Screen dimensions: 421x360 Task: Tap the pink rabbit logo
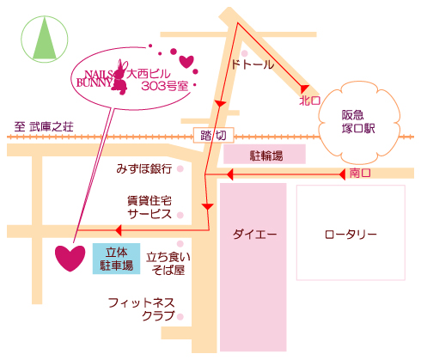tap(120, 77)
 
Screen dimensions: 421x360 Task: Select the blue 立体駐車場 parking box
tap(116, 259)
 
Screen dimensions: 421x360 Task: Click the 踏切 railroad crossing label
tap(213, 135)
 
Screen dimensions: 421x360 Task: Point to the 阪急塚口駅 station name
tap(358, 121)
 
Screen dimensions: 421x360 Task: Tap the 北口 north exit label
tap(309, 101)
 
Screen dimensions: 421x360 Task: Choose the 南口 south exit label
tap(360, 173)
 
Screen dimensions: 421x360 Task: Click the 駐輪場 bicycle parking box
tap(265, 154)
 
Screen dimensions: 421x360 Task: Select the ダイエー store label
tap(254, 235)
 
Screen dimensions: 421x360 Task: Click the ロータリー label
tap(351, 235)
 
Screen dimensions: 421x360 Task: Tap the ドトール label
tap(253, 64)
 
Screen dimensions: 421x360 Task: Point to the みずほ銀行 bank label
tap(144, 168)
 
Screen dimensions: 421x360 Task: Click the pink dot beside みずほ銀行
tap(180, 168)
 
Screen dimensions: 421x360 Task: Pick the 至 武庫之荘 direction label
tap(44, 126)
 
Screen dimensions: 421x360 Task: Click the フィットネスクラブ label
tap(142, 309)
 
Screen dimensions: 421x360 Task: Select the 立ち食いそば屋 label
tap(168, 264)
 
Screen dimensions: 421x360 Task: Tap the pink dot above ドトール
tap(244, 53)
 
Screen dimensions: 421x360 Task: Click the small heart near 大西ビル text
tap(186, 62)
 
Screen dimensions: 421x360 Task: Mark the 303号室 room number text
tap(165, 86)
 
